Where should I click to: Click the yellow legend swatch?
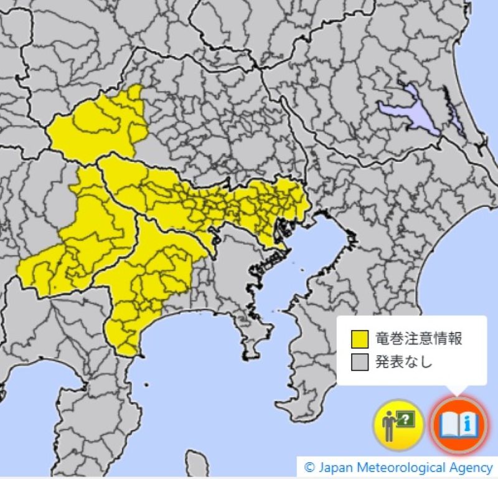click(359, 339)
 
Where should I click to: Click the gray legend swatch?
click(359, 361)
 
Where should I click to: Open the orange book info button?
click(459, 426)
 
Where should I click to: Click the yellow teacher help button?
click(398, 426)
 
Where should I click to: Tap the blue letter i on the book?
click(469, 425)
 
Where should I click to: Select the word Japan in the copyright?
click(334, 467)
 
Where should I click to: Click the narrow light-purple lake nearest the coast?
click(453, 112)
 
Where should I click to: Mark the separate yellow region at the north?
click(100, 125)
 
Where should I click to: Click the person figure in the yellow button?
click(389, 428)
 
